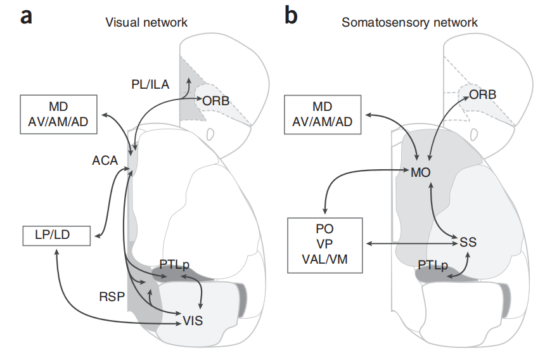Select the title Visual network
click(146, 23)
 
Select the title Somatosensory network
click(409, 23)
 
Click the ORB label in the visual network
click(216, 100)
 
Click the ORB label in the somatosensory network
click(482, 94)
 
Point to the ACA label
click(105, 161)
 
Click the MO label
click(422, 172)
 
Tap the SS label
click(468, 241)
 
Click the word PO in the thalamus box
click(324, 229)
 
